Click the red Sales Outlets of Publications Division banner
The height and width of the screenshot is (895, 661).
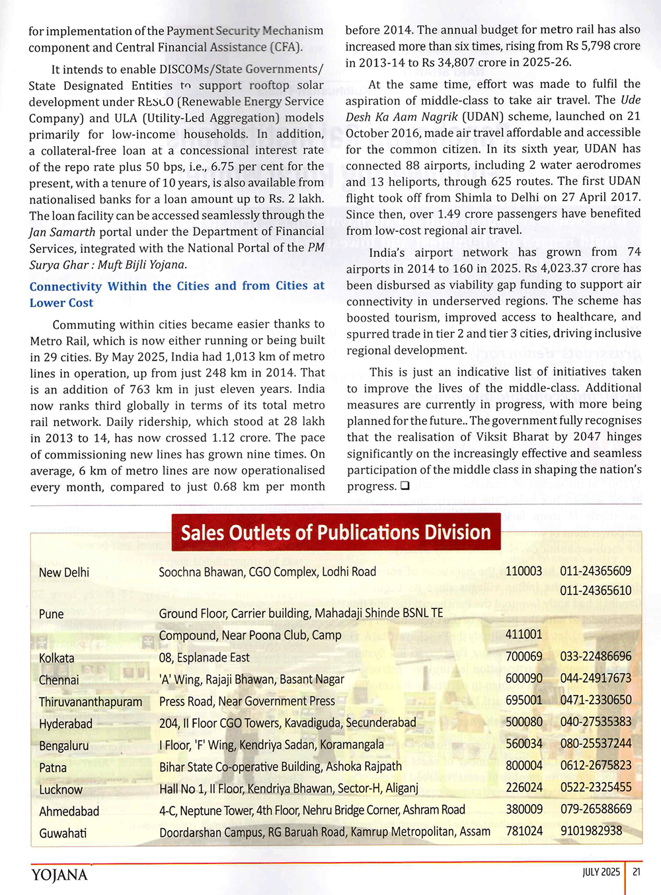336,532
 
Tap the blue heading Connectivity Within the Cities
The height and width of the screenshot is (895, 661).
176,294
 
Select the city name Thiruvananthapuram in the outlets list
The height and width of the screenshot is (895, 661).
91,701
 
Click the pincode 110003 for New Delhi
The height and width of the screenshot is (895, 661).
524,571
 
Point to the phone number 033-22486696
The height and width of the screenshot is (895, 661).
596,657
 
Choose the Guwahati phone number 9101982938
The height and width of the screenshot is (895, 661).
591,831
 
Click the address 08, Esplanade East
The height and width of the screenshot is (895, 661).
204,657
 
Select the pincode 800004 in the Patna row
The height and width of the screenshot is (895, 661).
524,766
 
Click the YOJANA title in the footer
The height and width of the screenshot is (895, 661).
59,875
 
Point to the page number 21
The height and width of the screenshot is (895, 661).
637,872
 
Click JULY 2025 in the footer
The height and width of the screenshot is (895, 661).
601,872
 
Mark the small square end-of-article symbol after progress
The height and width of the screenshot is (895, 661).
405,486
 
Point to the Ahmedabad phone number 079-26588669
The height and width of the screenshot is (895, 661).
596,809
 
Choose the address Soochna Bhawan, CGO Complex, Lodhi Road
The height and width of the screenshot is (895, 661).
267,572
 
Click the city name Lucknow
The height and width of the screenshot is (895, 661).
61,789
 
